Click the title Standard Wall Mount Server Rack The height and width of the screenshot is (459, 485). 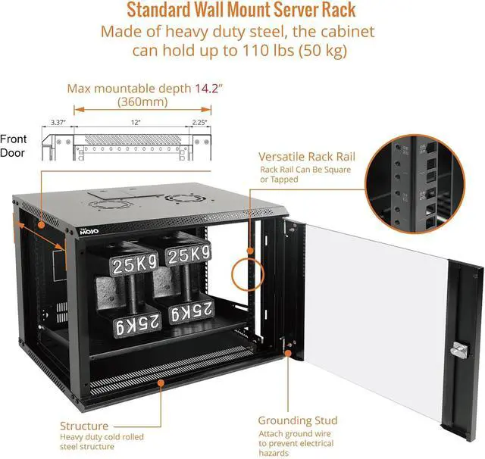click(242, 11)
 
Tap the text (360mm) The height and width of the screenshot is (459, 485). click(143, 101)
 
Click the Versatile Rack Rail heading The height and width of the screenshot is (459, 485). click(305, 156)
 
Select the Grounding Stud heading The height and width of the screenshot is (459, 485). click(297, 420)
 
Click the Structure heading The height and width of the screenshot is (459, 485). click(84, 426)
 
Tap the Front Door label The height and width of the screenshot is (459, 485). click(14, 145)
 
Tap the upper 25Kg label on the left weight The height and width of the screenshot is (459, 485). click(136, 264)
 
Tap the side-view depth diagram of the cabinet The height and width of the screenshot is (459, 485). click(125, 143)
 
